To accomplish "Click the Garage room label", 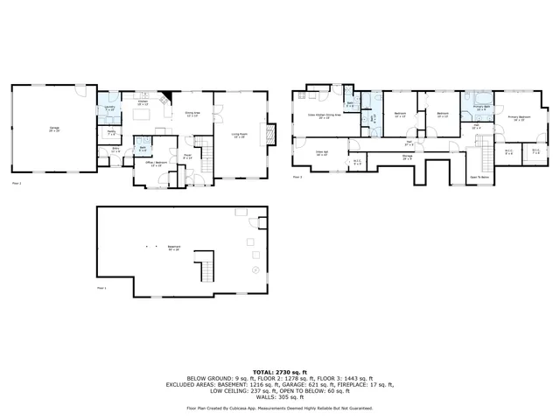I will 54,129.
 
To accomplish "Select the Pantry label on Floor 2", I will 111,132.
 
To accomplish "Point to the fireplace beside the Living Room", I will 270,134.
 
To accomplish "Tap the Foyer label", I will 187,157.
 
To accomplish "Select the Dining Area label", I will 193,113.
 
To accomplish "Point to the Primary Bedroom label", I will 519,117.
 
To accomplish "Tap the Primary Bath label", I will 480,108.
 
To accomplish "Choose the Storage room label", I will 408,158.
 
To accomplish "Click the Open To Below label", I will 479,176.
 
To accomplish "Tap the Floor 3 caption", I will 297,177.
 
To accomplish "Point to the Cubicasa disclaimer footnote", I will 279,408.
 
